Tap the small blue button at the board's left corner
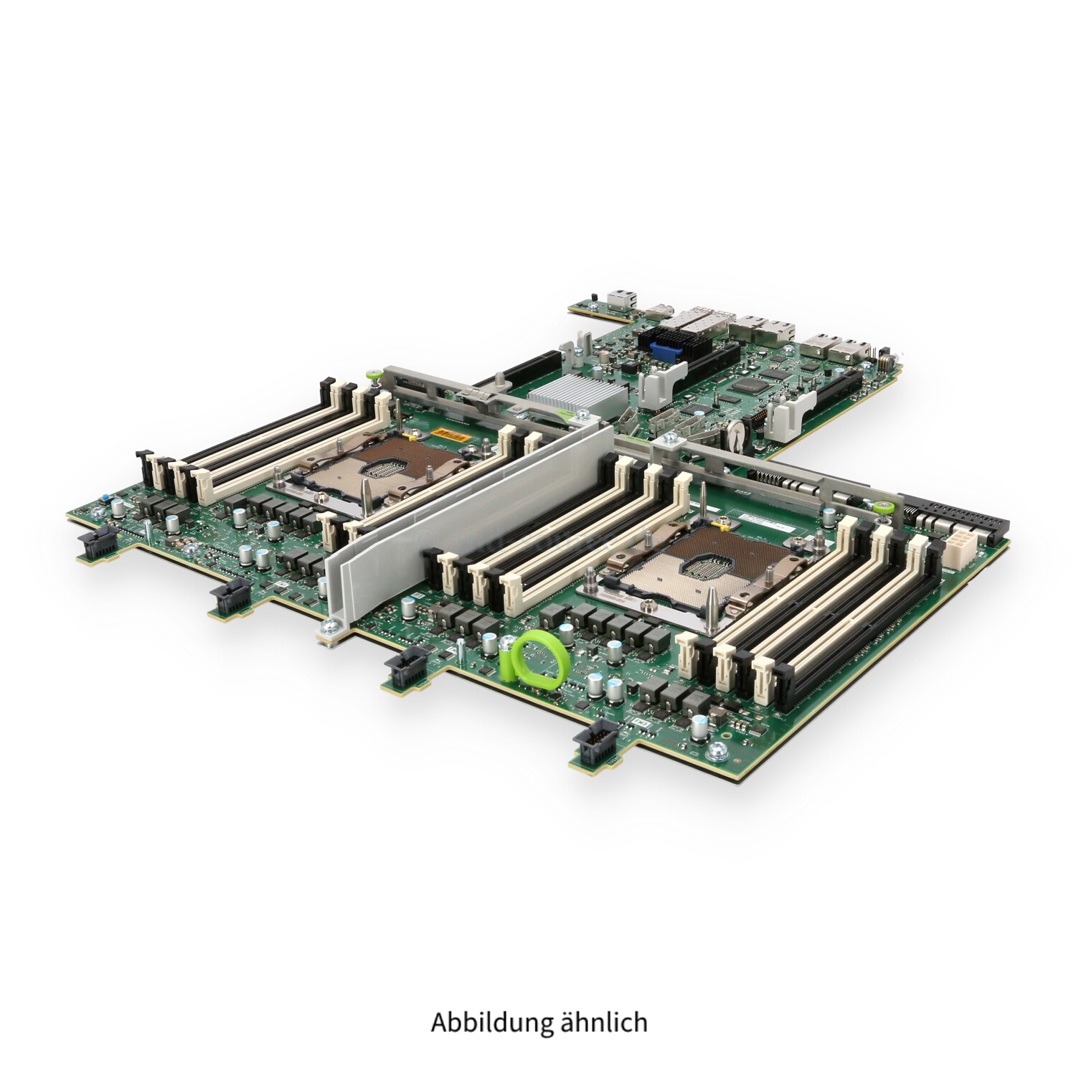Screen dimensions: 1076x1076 105,498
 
